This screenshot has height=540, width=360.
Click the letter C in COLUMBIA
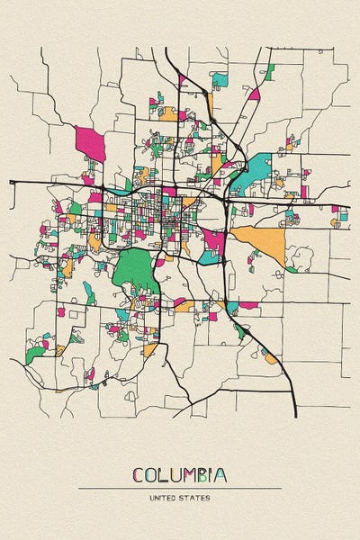click(139, 474)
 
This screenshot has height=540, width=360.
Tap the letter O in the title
click(153, 474)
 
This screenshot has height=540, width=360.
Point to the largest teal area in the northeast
click(258, 168)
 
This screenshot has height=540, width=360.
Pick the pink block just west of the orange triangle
click(213, 239)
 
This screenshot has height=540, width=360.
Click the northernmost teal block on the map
click(220, 80)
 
